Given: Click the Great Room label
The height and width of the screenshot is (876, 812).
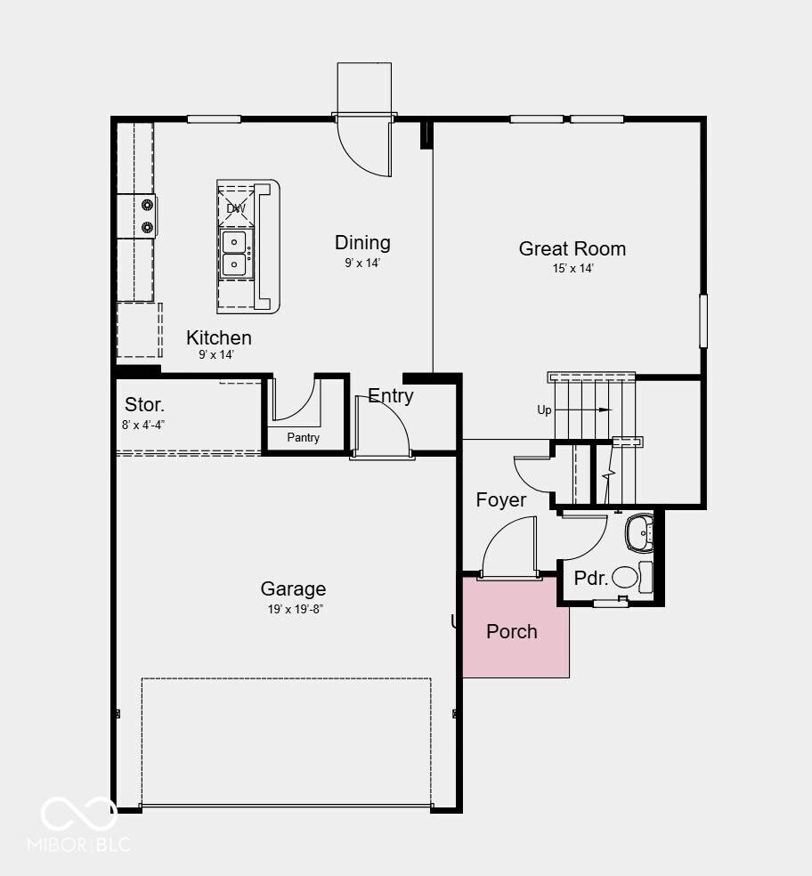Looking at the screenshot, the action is [572, 248].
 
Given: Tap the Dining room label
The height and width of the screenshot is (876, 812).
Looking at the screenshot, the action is [362, 242].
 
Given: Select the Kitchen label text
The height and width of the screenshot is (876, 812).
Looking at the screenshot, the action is [218, 337].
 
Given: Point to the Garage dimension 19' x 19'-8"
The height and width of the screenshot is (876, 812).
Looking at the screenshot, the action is [296, 609].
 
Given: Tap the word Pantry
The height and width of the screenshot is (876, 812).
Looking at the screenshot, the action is [304, 437].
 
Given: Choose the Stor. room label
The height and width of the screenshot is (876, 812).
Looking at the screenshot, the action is [144, 404].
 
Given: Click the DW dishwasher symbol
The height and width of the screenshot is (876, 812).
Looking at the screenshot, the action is [236, 208].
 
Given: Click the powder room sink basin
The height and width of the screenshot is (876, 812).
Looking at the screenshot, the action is [639, 531].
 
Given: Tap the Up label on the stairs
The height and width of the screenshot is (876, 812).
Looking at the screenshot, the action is [544, 410].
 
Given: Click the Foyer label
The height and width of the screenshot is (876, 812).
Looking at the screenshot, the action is [500, 500].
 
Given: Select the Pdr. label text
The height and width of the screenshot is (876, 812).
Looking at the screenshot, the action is [590, 579].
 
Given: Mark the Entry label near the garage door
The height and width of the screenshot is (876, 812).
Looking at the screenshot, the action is [391, 395].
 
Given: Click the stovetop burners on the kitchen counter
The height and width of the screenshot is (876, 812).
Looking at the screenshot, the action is [148, 216].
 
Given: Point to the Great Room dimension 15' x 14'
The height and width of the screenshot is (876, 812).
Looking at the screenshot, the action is [572, 268].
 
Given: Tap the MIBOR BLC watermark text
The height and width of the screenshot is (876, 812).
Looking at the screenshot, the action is [79, 844].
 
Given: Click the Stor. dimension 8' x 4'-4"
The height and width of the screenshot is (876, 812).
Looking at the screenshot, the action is [143, 426].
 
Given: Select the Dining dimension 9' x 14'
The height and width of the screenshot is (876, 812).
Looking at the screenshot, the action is [362, 263].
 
